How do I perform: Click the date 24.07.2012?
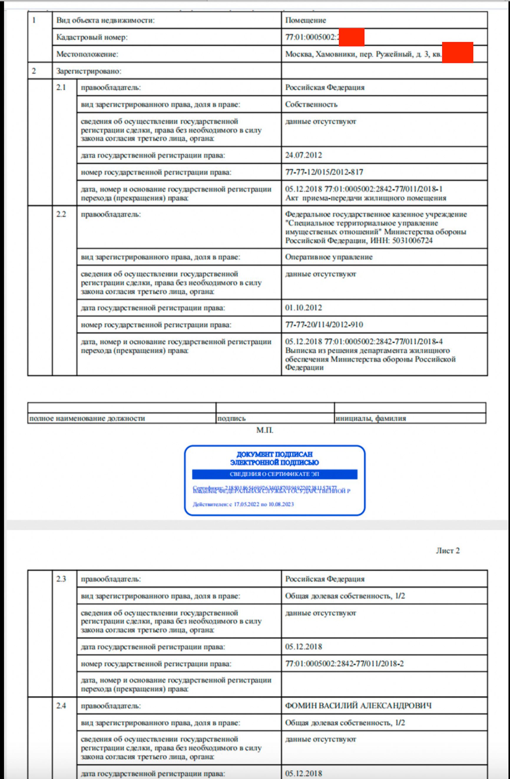[x=303, y=155]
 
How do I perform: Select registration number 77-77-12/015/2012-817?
[x=324, y=172]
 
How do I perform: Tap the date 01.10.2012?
[x=303, y=308]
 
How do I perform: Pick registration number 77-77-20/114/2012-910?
[x=324, y=325]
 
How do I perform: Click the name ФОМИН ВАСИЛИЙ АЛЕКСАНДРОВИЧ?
[x=358, y=705]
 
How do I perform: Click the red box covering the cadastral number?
[x=351, y=37]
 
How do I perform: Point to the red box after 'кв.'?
[x=457, y=52]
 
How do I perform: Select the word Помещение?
[x=305, y=20]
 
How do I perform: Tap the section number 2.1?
[x=61, y=87]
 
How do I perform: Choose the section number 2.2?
[x=61, y=214]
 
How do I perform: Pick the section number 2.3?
[x=61, y=579]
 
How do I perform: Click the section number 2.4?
[x=61, y=705]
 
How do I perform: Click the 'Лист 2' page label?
[x=447, y=551]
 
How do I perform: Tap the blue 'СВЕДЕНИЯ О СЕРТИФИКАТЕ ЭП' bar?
[x=274, y=474]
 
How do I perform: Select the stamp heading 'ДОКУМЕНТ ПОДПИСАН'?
[x=274, y=454]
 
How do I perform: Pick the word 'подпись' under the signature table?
[x=231, y=418]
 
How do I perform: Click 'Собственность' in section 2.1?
[x=311, y=104]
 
